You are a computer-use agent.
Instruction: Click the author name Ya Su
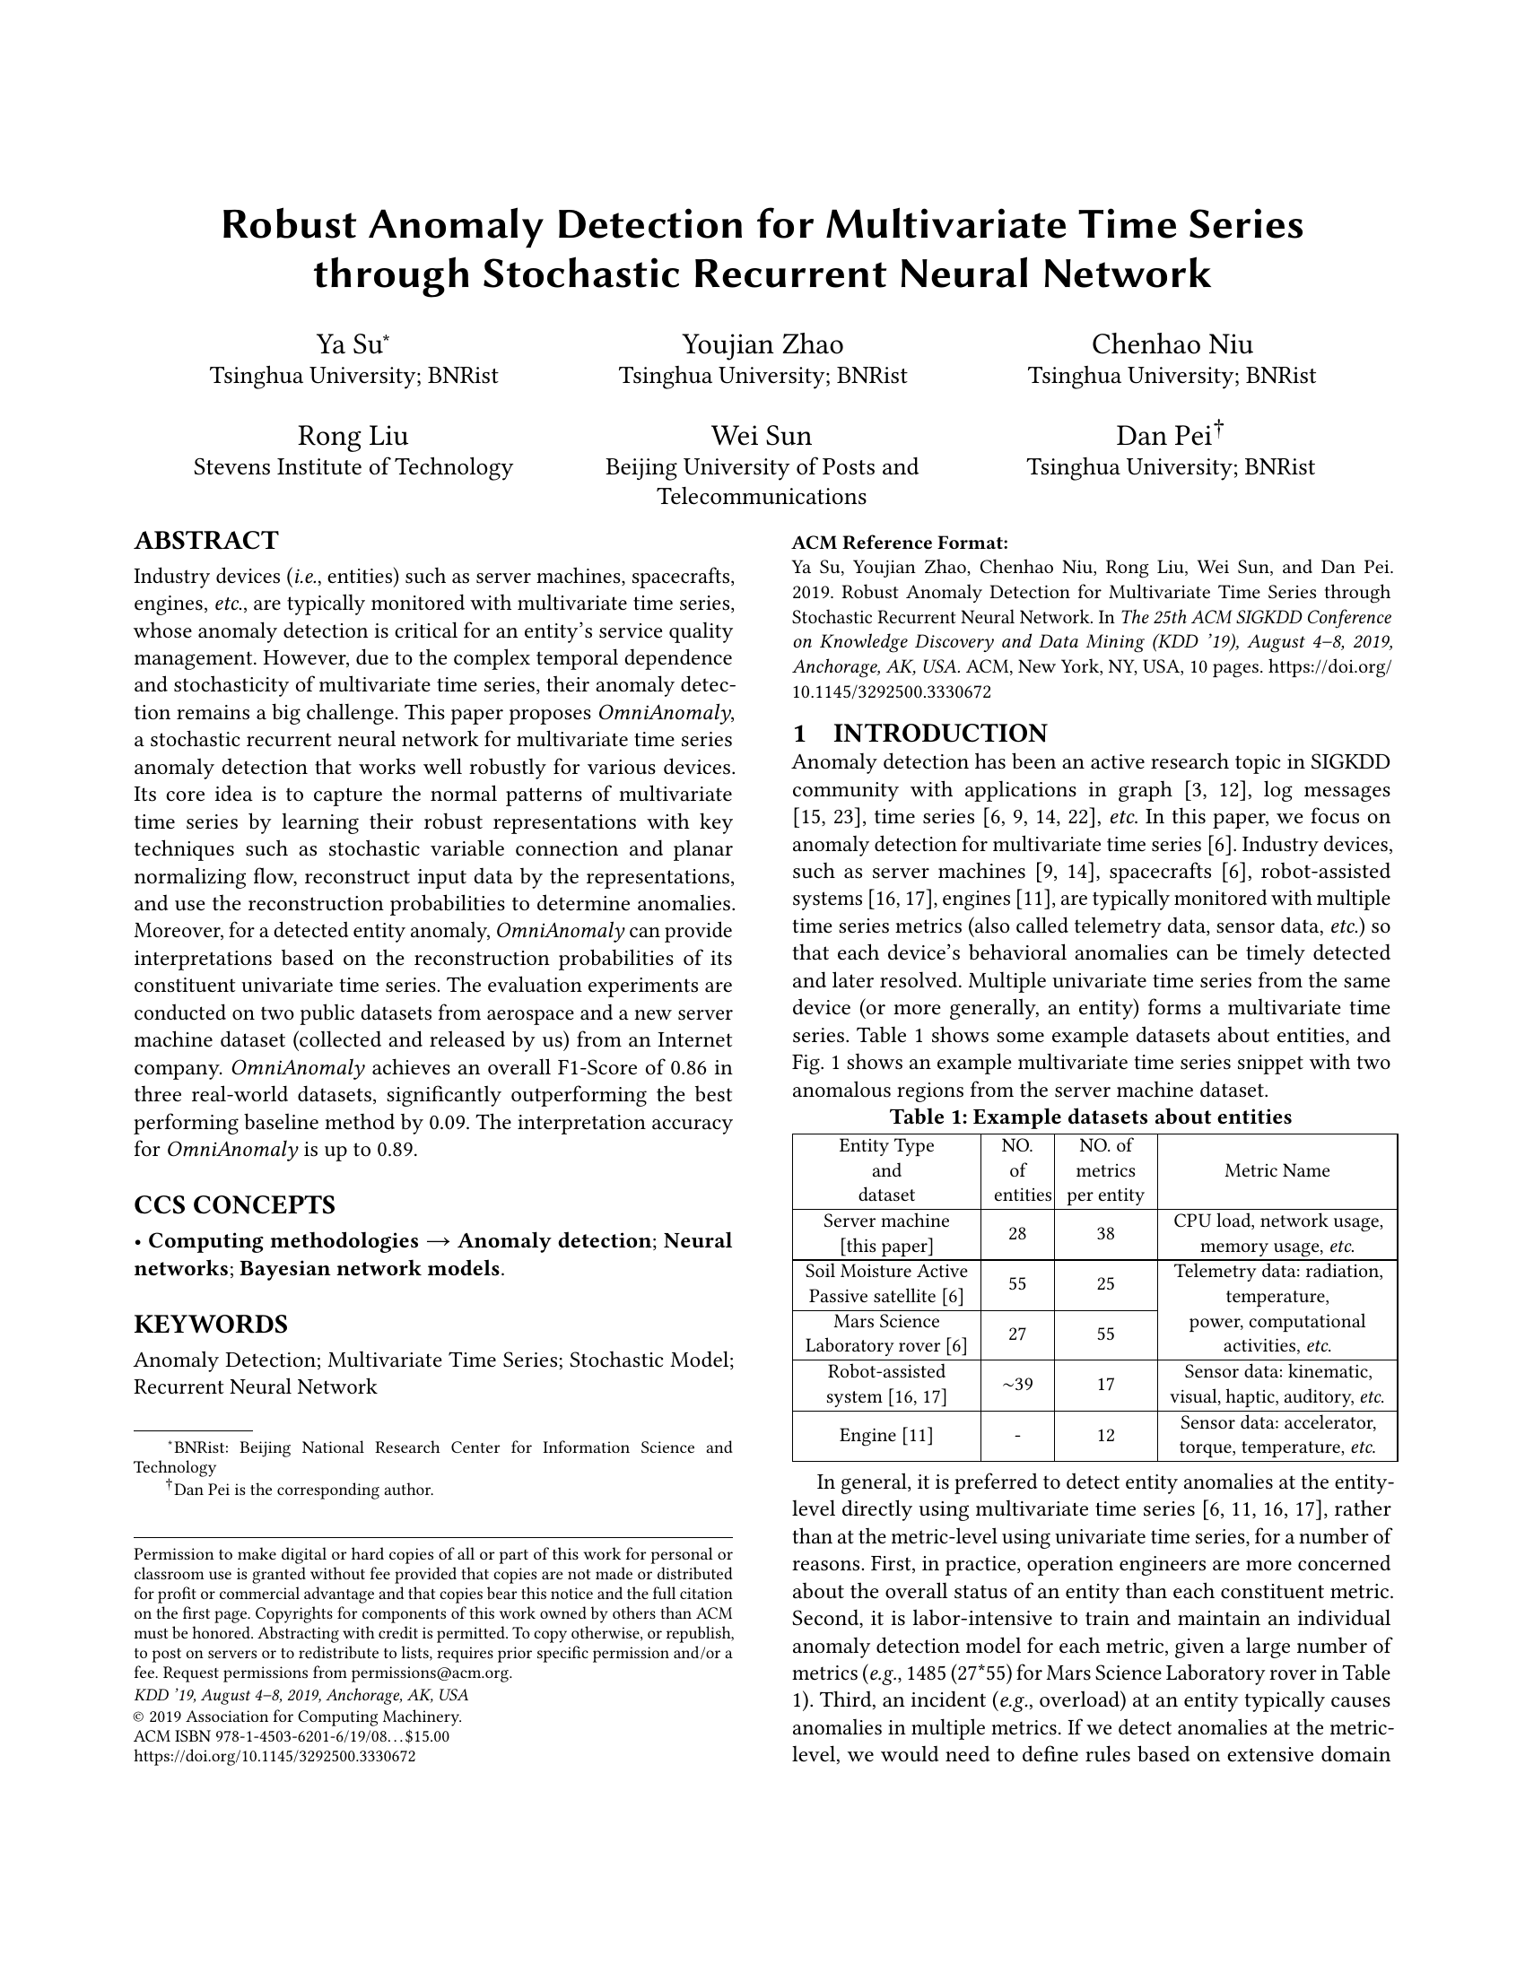(x=350, y=345)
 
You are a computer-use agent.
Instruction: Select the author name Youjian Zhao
(x=762, y=345)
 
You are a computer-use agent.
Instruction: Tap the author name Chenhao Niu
(x=1172, y=345)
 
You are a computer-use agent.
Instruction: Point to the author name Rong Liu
(x=353, y=438)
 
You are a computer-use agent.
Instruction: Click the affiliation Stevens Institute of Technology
(x=353, y=467)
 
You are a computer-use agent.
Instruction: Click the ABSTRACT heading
(x=206, y=541)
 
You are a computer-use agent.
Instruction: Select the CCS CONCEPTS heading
(x=234, y=1205)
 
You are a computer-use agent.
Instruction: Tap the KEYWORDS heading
(x=211, y=1325)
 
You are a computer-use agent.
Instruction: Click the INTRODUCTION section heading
(x=939, y=733)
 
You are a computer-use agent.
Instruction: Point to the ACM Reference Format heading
(x=899, y=543)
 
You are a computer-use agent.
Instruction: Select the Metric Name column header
(x=1277, y=1170)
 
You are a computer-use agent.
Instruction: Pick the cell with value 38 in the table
(x=1105, y=1234)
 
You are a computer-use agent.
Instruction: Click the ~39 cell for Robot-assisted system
(x=1017, y=1385)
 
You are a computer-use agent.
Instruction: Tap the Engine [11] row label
(x=885, y=1436)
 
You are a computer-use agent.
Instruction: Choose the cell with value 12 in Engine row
(x=1105, y=1436)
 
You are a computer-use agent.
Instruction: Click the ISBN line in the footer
(x=291, y=1736)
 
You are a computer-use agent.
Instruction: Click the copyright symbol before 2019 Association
(x=139, y=1717)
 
